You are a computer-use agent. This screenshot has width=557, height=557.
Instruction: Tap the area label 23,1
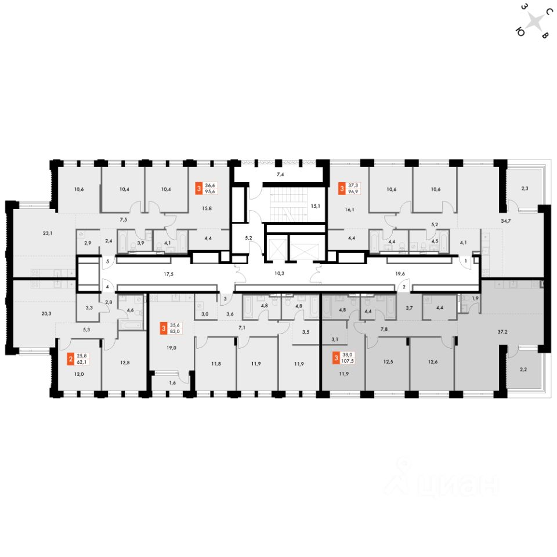48,234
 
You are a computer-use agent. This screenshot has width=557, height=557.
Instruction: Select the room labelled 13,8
125,361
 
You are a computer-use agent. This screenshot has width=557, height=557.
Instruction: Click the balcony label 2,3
525,187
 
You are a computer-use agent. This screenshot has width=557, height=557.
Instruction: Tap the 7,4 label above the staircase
280,174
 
